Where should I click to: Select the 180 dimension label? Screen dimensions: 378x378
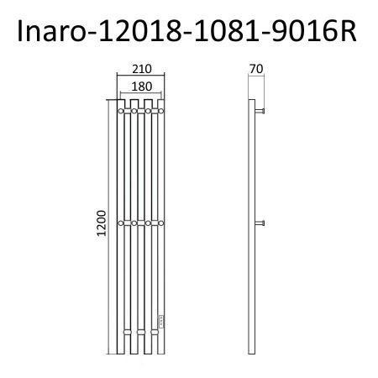(140, 86)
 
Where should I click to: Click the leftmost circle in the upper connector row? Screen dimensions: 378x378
(121, 110)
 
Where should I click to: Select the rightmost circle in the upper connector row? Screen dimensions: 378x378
(161, 110)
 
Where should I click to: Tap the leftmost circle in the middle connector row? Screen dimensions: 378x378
(121, 223)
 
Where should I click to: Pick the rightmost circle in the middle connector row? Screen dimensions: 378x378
(161, 223)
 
